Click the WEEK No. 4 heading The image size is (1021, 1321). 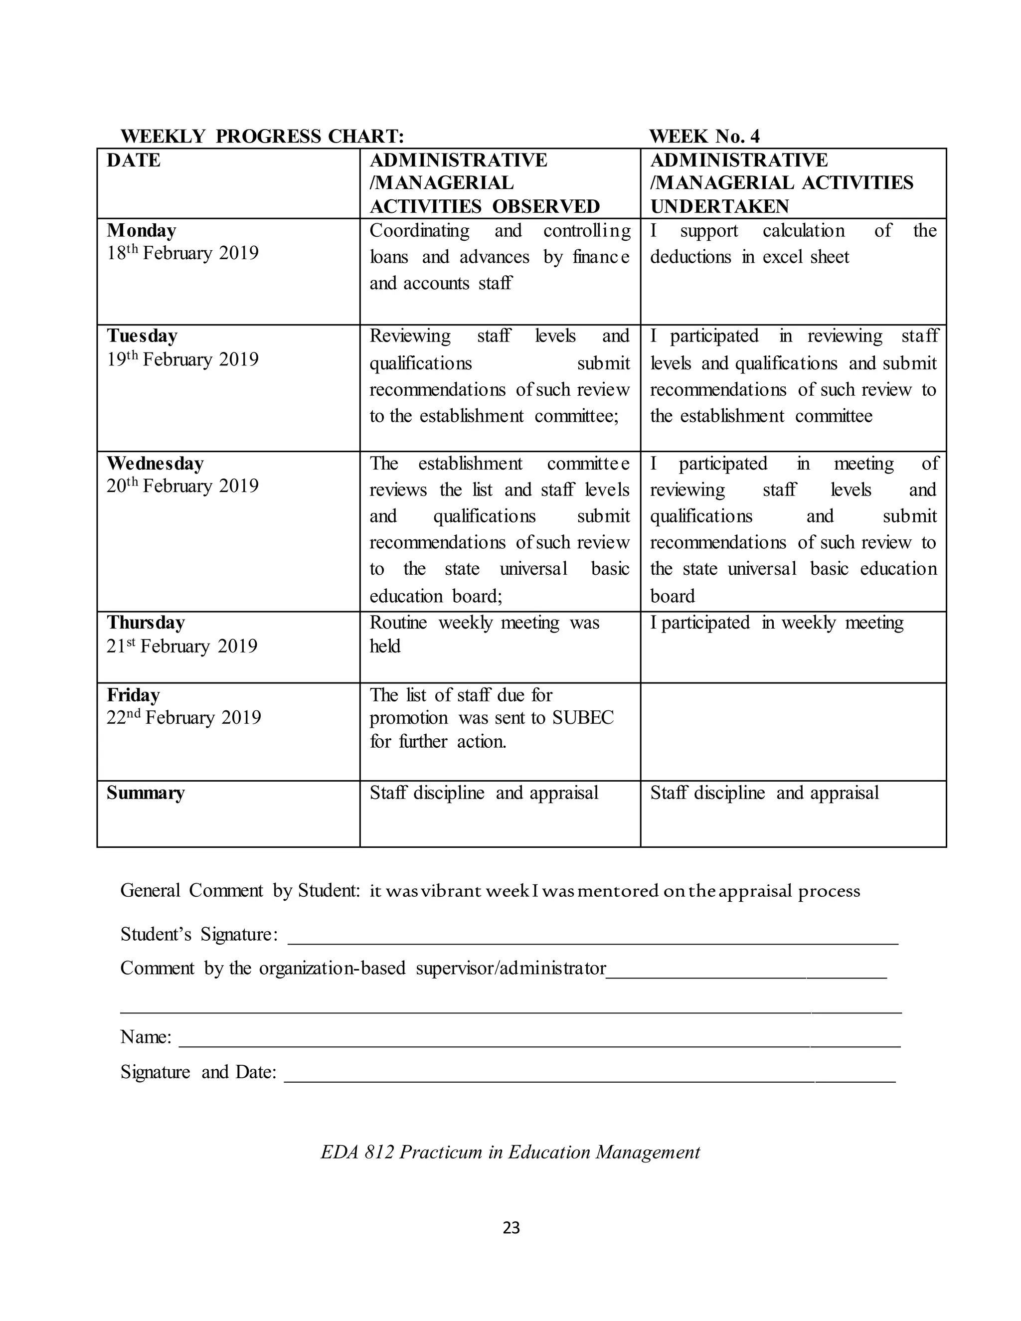pyautogui.click(x=704, y=136)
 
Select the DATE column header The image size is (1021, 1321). pyautogui.click(x=134, y=161)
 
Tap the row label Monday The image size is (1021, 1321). pyautogui.click(x=142, y=230)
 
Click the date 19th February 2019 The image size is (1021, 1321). pyautogui.click(x=182, y=359)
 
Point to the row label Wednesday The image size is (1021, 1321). pyautogui.click(x=156, y=463)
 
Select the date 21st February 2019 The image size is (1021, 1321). pyautogui.click(x=182, y=646)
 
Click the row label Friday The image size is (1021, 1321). pyautogui.click(x=134, y=695)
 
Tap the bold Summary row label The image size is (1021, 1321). pyautogui.click(x=146, y=793)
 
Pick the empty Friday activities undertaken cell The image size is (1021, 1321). pyautogui.click(x=793, y=731)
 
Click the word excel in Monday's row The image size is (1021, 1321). pyautogui.click(x=783, y=257)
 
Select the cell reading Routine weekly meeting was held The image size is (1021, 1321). pyautogui.click(x=485, y=634)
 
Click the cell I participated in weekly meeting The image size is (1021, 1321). pyautogui.click(x=777, y=623)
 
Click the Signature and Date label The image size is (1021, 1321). pyautogui.click(x=198, y=1072)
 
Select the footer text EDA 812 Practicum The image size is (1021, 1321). pyautogui.click(x=510, y=1152)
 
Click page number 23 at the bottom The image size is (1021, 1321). pyautogui.click(x=511, y=1227)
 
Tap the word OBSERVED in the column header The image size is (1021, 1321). pyautogui.click(x=545, y=206)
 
